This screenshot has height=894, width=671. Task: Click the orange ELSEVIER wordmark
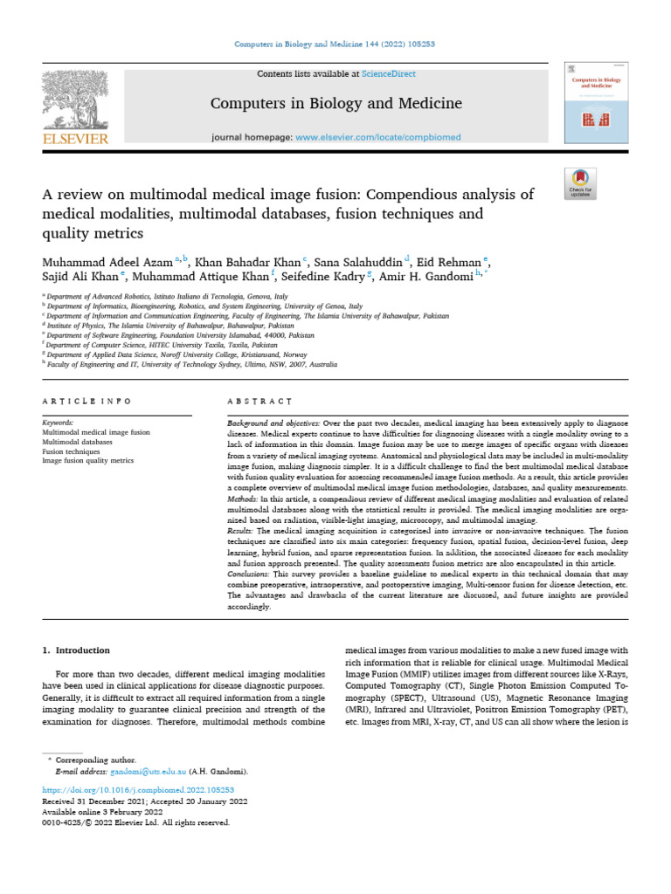[x=75, y=139]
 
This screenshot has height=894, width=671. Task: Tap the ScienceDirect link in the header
[x=391, y=74]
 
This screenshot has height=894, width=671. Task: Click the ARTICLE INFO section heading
[x=86, y=401]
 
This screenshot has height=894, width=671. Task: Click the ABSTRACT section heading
[x=259, y=401]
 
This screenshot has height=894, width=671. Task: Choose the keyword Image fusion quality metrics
[x=88, y=460]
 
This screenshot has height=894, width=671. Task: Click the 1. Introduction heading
[x=77, y=650]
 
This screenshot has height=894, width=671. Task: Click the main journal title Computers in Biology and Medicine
[x=335, y=105]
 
